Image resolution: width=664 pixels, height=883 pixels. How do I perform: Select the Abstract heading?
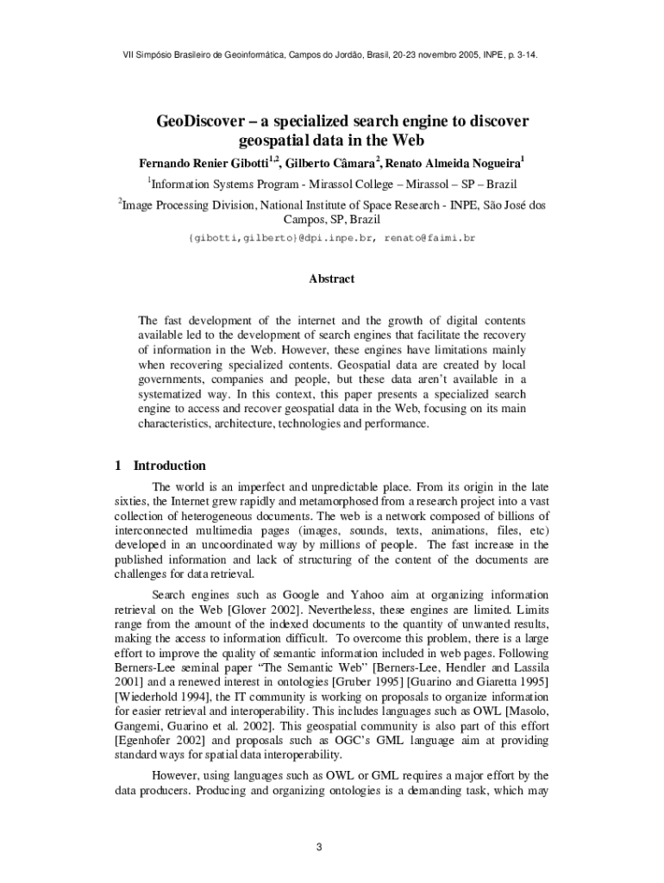pos(331,279)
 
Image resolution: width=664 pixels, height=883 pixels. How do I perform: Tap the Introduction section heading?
pos(169,466)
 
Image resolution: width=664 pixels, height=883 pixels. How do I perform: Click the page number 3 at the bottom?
pos(318,847)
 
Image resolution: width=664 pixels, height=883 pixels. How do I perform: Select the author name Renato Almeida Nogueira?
pos(454,163)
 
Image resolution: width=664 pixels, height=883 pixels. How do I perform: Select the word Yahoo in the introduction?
pos(367,595)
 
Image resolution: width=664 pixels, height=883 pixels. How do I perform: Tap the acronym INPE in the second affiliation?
pos(465,205)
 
